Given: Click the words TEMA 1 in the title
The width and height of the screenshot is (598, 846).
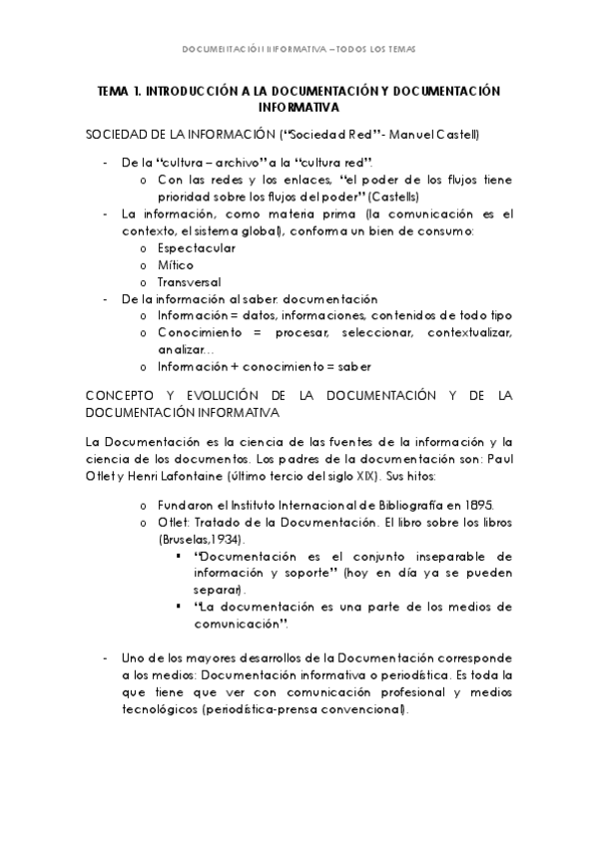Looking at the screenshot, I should (x=120, y=90).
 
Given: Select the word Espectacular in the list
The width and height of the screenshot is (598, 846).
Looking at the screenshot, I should (x=197, y=246).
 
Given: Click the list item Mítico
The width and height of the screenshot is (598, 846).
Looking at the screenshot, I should (x=176, y=264).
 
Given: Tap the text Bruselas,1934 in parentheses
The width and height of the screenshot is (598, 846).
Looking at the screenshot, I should (x=197, y=539).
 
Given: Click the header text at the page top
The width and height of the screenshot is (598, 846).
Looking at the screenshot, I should (x=299, y=49).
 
